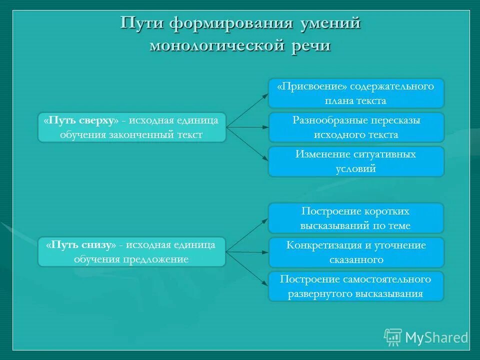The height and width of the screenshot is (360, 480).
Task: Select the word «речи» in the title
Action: [x=309, y=45]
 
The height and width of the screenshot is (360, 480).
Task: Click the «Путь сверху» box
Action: [x=132, y=127]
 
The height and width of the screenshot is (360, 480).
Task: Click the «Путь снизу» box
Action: [x=132, y=252]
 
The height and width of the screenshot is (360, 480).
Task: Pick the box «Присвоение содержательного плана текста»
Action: [x=356, y=93]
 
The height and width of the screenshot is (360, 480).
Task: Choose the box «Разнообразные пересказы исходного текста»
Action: [x=356, y=127]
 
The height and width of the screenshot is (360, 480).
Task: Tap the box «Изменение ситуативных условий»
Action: [x=356, y=161]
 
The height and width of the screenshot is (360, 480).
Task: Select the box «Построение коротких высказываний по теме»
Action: [x=356, y=218]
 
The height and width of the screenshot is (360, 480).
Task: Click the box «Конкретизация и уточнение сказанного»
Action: [x=356, y=252]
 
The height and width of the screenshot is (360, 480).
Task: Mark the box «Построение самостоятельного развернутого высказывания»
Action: [x=356, y=286]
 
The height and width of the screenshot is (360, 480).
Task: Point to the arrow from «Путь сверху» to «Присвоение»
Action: [x=247, y=110]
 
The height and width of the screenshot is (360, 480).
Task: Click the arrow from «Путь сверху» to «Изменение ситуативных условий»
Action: [x=247, y=144]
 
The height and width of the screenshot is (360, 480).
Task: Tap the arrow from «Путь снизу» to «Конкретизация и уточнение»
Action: [x=247, y=252]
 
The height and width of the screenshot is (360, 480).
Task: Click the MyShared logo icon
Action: [x=393, y=337]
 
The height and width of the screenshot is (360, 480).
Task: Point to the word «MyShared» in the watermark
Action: [x=436, y=338]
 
